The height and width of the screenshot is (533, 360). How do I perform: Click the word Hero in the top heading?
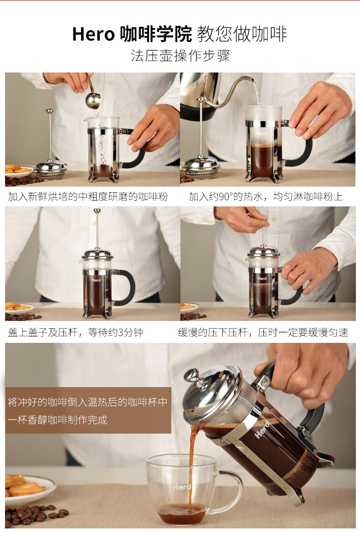click(93, 35)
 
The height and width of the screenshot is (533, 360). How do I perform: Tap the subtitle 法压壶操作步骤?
click(180, 56)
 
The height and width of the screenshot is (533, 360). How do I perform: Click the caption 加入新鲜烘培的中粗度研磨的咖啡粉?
click(88, 197)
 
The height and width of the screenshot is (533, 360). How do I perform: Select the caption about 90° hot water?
click(266, 197)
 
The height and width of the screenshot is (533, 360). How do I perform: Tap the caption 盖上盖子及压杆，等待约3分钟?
click(76, 332)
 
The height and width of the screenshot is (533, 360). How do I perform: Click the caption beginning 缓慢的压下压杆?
click(263, 332)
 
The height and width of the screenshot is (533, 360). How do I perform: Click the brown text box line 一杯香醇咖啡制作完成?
click(58, 419)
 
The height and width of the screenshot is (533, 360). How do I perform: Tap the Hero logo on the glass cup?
click(182, 487)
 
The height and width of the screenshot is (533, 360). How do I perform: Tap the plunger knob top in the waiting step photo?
click(97, 211)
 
